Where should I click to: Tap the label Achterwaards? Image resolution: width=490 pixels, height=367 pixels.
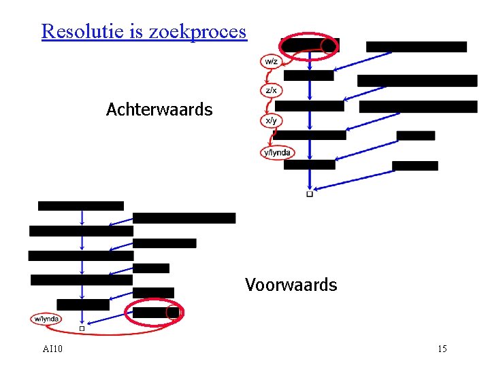(x=159, y=109)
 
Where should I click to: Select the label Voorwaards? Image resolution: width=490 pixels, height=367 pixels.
(x=291, y=285)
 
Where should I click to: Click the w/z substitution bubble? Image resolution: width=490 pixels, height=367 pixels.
(x=271, y=62)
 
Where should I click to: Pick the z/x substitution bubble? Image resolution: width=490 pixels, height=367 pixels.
(x=271, y=90)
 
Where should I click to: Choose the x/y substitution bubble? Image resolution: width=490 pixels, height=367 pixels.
(x=271, y=120)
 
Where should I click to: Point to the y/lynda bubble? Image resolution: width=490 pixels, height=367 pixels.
(x=277, y=152)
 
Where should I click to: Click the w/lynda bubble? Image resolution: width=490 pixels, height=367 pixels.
(x=47, y=319)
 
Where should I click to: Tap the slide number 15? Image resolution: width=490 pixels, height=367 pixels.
(x=442, y=349)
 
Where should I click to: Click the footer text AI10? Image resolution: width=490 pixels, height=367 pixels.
(x=52, y=349)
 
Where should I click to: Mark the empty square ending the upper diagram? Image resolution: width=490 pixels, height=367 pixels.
(x=310, y=194)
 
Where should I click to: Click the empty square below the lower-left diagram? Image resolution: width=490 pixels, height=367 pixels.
(x=82, y=328)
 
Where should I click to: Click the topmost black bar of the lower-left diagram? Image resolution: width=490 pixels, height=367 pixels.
(x=81, y=206)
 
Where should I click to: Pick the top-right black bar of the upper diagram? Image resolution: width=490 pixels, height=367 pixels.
(x=416, y=47)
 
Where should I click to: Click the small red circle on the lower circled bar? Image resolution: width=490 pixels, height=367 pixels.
(x=174, y=313)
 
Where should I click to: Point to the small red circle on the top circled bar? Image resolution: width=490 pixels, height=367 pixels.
(x=329, y=46)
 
